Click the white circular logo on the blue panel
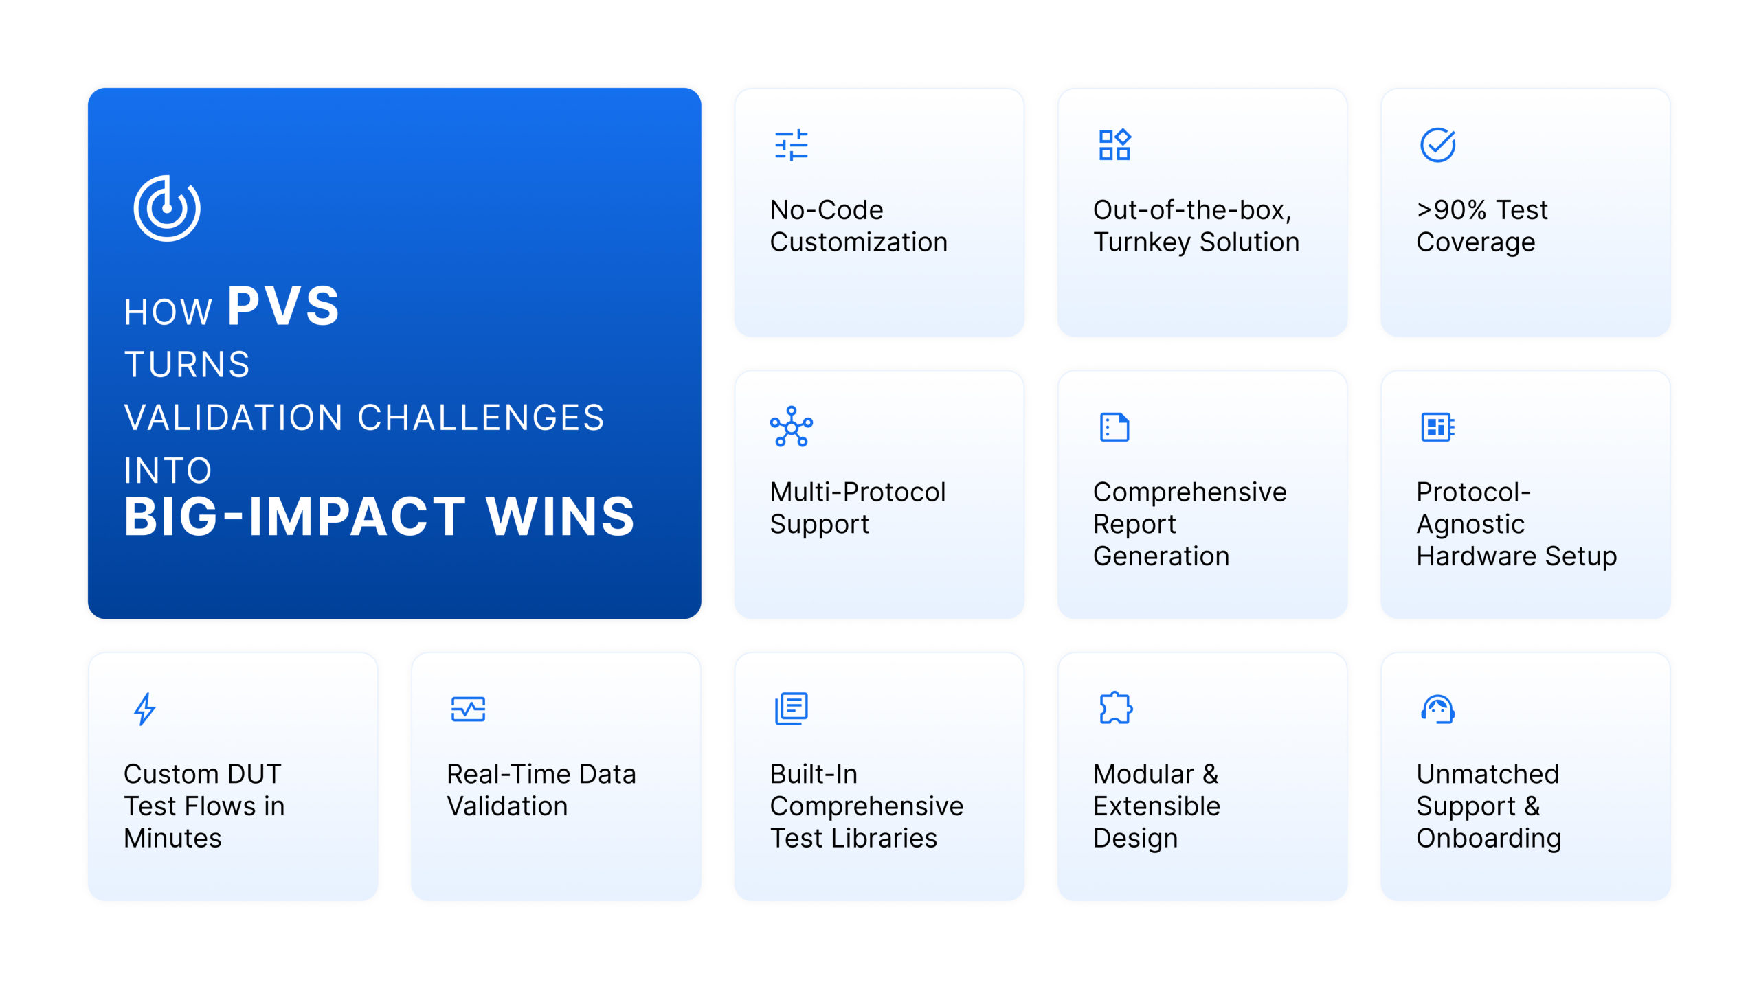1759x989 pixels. coord(167,208)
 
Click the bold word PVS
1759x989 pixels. coord(284,306)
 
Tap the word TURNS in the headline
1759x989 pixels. coord(187,364)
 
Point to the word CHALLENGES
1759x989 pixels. coord(481,418)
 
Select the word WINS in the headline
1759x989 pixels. coord(560,516)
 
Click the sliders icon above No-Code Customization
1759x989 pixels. coord(792,145)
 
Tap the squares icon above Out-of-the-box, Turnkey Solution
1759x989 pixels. coord(1114,145)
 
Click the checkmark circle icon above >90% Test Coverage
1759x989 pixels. coord(1437,145)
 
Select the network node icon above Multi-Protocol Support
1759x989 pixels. coord(792,427)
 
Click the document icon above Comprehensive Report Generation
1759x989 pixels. coord(1114,427)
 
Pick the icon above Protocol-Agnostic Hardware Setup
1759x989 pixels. coord(1437,427)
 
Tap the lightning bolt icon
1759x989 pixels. coord(144,709)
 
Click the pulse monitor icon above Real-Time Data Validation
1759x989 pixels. coord(468,709)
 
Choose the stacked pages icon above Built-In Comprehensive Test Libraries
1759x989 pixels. coord(792,709)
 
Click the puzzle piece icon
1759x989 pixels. coord(1115,708)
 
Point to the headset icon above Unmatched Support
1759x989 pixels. coord(1437,709)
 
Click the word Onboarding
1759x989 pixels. coord(1489,839)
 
